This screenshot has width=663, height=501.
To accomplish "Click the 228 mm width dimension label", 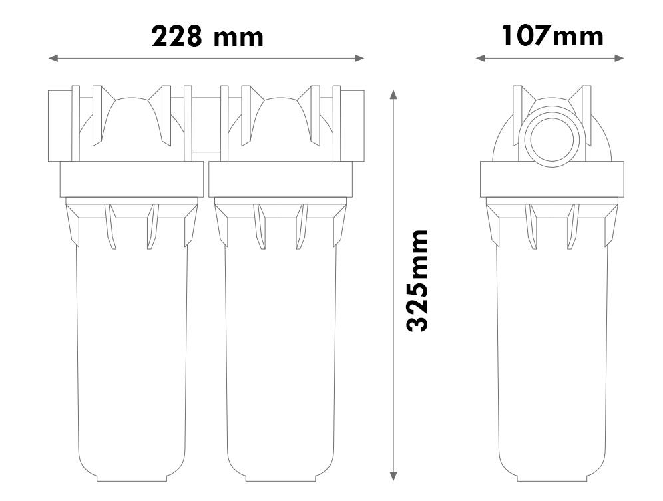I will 207,36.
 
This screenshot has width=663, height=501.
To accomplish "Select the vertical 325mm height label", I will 417,280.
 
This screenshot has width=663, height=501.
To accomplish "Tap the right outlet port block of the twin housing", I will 353,125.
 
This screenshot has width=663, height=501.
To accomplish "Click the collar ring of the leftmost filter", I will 132,180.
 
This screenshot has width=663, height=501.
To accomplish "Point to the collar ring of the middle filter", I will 280,180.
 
